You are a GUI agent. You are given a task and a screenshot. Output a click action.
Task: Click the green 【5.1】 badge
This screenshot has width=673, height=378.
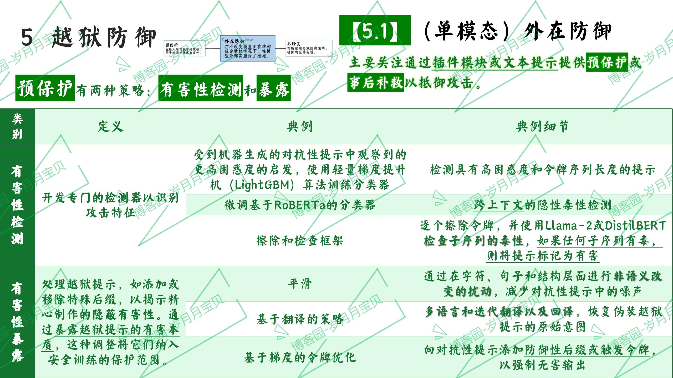click(375, 30)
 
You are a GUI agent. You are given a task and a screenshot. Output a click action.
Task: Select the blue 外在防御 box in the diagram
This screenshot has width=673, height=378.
click(247, 49)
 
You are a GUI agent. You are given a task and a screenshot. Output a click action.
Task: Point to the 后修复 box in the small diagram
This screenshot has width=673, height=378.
click(309, 48)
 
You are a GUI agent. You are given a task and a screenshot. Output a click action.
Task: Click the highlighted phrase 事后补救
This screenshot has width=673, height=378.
click(375, 82)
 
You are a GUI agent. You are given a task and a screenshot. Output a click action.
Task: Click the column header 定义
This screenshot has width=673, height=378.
click(111, 126)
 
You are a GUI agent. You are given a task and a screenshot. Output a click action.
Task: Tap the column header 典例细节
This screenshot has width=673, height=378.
click(542, 126)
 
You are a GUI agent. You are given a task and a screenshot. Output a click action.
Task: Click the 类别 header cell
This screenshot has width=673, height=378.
click(17, 126)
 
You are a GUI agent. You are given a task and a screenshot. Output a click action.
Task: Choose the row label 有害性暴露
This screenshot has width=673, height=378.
click(17, 322)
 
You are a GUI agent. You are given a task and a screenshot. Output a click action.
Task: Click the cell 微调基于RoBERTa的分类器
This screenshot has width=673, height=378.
click(300, 205)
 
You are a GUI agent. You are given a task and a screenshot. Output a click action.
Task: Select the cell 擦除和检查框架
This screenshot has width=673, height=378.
click(300, 240)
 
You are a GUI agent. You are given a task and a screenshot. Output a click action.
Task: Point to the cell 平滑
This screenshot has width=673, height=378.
click(300, 284)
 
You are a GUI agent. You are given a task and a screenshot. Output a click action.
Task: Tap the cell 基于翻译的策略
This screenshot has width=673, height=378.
click(300, 319)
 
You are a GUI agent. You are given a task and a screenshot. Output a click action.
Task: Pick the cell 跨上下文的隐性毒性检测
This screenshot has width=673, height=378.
click(542, 205)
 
